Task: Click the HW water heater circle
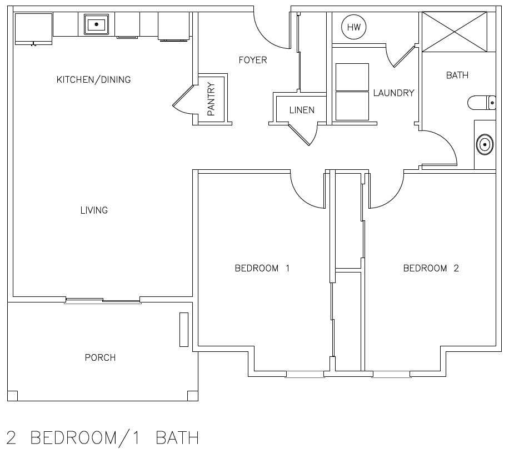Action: click(354, 28)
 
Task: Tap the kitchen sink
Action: click(97, 24)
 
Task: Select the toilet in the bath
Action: click(481, 103)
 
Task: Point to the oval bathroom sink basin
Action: click(485, 145)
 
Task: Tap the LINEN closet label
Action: click(302, 110)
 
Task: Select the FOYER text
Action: click(253, 60)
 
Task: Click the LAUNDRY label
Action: click(393, 93)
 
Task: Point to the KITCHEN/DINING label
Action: click(94, 80)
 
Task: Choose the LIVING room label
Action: click(94, 210)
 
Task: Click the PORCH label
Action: click(100, 357)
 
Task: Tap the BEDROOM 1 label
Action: click(262, 269)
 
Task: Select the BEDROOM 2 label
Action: click(431, 269)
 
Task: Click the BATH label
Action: click(457, 75)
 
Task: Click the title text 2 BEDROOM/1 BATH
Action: click(103, 438)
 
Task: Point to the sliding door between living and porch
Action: click(103, 301)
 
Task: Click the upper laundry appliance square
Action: click(352, 76)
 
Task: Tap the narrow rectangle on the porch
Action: click(183, 330)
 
